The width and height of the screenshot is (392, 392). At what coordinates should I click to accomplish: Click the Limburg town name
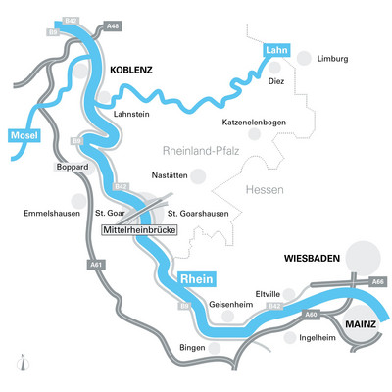click(332, 59)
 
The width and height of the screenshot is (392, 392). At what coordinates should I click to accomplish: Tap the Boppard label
click(73, 168)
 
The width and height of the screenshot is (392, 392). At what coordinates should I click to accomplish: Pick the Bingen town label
click(193, 347)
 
